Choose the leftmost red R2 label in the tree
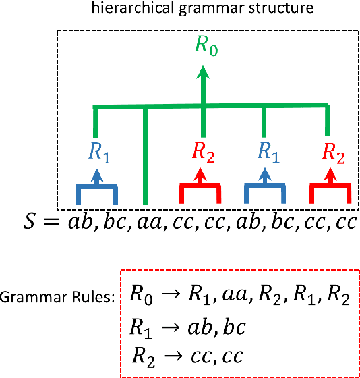pyautogui.click(x=203, y=153)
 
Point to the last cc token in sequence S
pyautogui.click(x=341, y=223)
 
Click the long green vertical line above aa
pyautogui.click(x=146, y=155)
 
